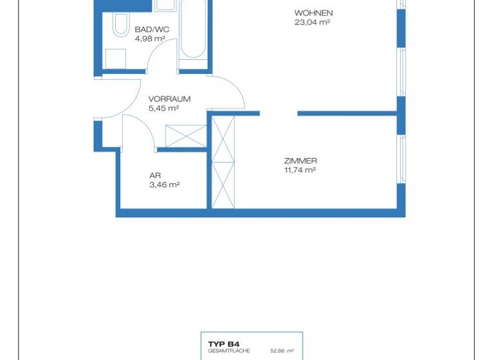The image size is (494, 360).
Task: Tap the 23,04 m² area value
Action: click(312, 22)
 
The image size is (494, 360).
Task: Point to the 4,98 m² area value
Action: click(150, 39)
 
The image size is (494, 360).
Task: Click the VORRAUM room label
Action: click(169, 99)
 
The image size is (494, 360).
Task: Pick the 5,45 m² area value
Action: click(163, 108)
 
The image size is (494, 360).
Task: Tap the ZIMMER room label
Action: click(300, 161)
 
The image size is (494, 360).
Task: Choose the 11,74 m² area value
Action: click(300, 170)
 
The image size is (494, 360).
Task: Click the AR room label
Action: click(154, 175)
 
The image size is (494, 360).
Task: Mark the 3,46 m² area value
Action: click(163, 184)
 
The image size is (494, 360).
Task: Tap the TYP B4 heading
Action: click(219, 344)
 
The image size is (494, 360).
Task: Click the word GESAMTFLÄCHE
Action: click(224, 351)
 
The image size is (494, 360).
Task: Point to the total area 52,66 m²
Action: click(282, 351)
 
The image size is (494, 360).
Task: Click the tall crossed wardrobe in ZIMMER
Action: click(223, 161)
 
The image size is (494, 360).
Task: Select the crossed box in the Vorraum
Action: click(185, 136)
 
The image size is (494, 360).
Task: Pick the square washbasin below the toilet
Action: click(116, 58)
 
